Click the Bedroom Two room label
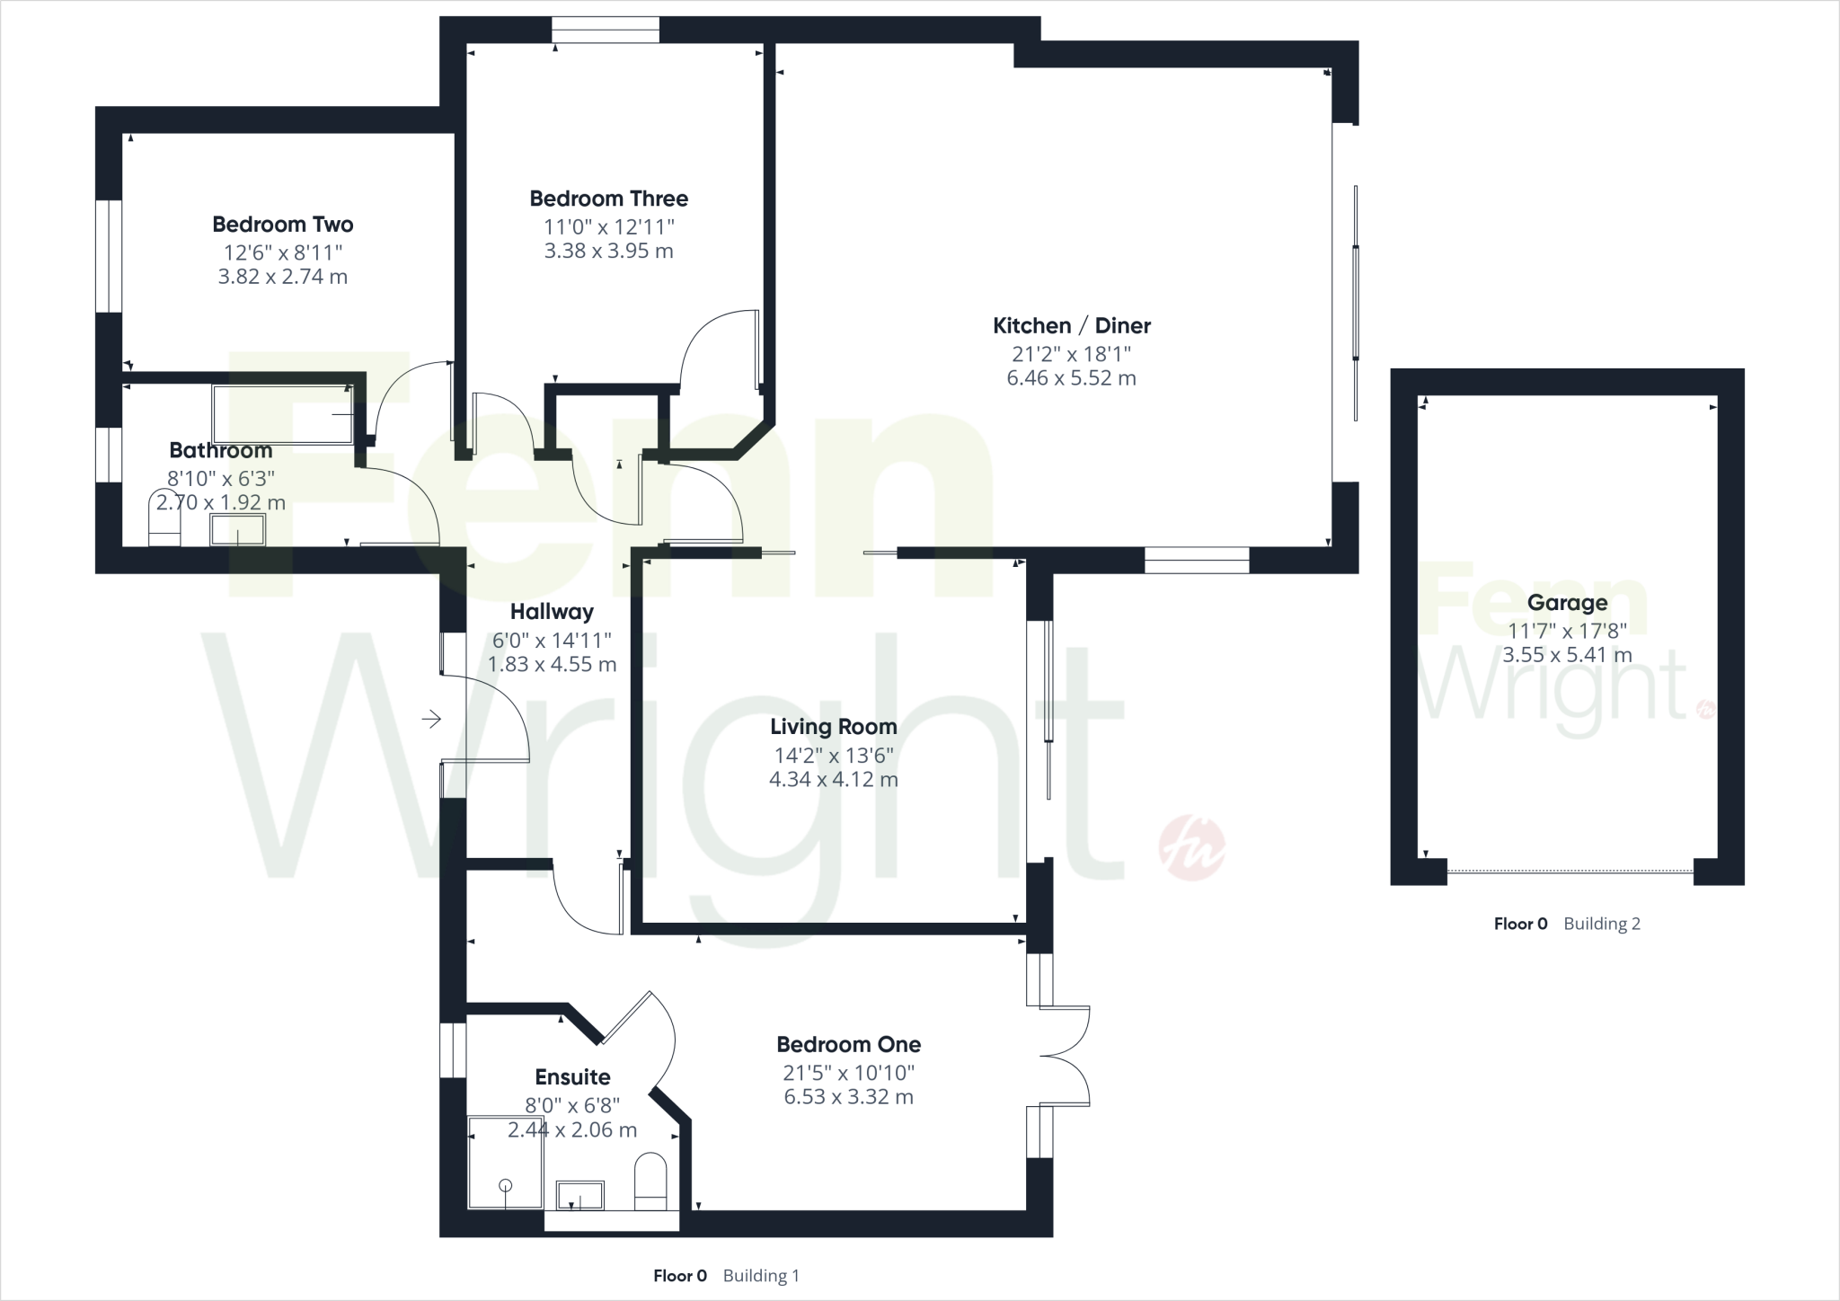[282, 225]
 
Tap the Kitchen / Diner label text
[1071, 326]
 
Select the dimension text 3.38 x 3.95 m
[608, 252]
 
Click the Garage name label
[1567, 604]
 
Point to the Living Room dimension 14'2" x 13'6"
[833, 756]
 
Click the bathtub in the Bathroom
[283, 414]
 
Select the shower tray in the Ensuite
[505, 1162]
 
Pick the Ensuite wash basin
[580, 1196]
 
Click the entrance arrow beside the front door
[432, 719]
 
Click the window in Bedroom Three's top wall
[606, 31]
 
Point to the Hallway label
[552, 612]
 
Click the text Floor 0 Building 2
[1567, 924]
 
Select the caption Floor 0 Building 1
[726, 1276]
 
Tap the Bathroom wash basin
[237, 530]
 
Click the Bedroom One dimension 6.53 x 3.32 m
[848, 1097]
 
